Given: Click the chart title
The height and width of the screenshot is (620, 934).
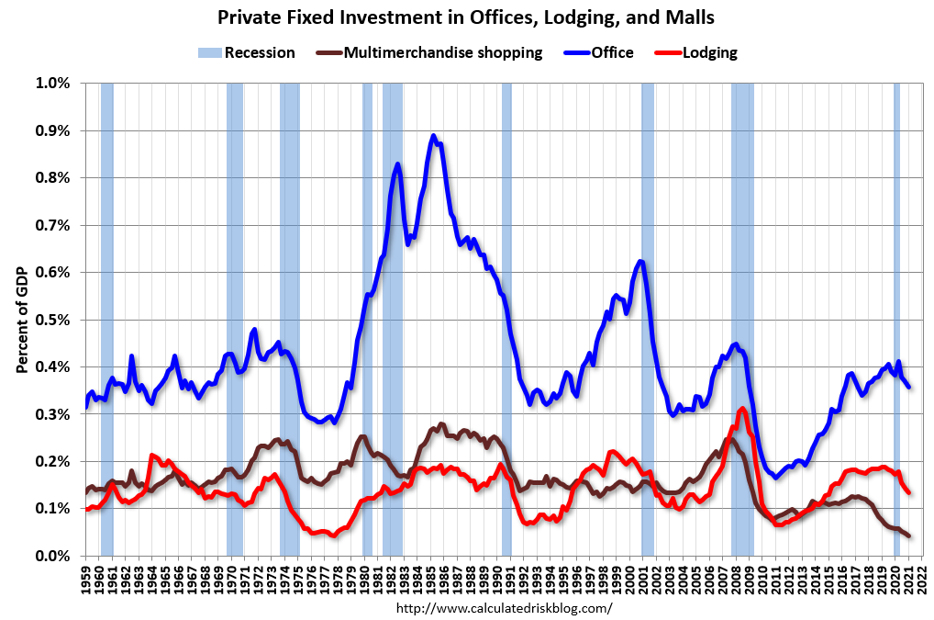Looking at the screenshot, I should click(x=466, y=17).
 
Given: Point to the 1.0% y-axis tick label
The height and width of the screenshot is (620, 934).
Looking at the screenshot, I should click(x=52, y=84).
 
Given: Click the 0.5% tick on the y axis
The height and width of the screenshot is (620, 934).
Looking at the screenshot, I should click(x=52, y=320).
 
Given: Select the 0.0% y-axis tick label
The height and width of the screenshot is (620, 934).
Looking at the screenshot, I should click(x=52, y=556).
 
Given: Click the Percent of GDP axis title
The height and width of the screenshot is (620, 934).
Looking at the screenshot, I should click(x=21, y=320).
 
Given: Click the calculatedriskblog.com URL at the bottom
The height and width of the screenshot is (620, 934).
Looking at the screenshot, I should click(x=504, y=608).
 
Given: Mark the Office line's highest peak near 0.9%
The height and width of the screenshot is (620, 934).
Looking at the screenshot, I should click(x=433, y=136).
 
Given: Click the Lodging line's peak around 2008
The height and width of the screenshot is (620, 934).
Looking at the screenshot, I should click(x=741, y=409).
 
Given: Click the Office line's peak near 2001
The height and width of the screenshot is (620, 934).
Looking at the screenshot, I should click(x=640, y=262).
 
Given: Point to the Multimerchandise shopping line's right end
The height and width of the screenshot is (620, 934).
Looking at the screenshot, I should click(x=909, y=535).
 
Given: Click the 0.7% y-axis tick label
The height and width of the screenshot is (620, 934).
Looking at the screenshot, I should click(x=52, y=225).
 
